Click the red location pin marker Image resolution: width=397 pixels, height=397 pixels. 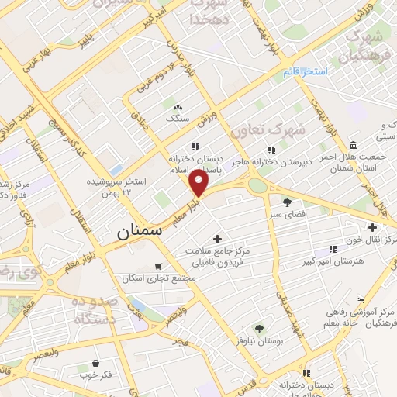(x=200, y=185)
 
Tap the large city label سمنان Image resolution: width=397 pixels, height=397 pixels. (x=140, y=231)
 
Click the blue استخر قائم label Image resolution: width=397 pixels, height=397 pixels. (x=305, y=71)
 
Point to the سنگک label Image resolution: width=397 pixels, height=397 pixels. (x=178, y=119)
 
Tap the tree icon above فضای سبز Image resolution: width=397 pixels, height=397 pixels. (x=287, y=202)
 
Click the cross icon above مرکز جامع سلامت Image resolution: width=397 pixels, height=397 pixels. (x=217, y=239)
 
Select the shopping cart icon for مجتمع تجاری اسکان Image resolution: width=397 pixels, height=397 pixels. (x=158, y=266)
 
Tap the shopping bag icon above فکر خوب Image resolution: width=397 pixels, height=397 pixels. (x=95, y=363)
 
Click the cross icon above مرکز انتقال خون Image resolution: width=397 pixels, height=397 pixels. (x=373, y=228)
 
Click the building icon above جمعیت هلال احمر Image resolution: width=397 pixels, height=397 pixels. (x=354, y=146)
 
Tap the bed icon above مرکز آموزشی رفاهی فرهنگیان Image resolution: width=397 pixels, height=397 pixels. (x=359, y=300)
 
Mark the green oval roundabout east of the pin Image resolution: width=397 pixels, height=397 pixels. (x=257, y=185)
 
